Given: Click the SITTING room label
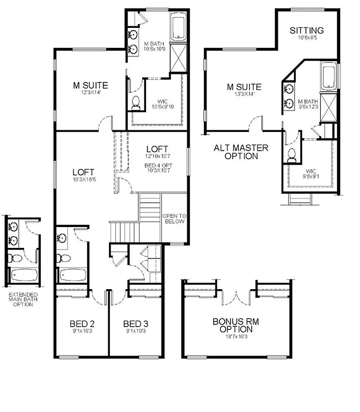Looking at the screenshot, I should tap(306, 30).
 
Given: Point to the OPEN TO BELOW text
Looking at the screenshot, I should tap(173, 218).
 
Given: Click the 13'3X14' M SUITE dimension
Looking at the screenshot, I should tap(244, 94).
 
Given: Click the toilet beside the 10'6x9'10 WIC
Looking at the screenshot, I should tap(136, 102).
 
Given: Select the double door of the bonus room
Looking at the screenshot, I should tap(237, 295).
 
